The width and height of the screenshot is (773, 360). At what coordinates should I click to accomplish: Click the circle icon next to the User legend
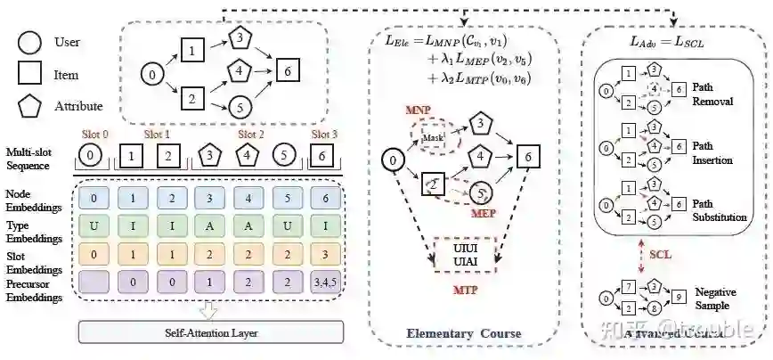pos(28,43)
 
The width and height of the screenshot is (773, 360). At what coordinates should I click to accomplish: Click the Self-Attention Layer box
pos(211,332)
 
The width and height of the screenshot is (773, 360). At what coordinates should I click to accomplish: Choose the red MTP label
pos(463,290)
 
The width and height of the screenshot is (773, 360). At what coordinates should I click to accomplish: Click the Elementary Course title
pos(463,334)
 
